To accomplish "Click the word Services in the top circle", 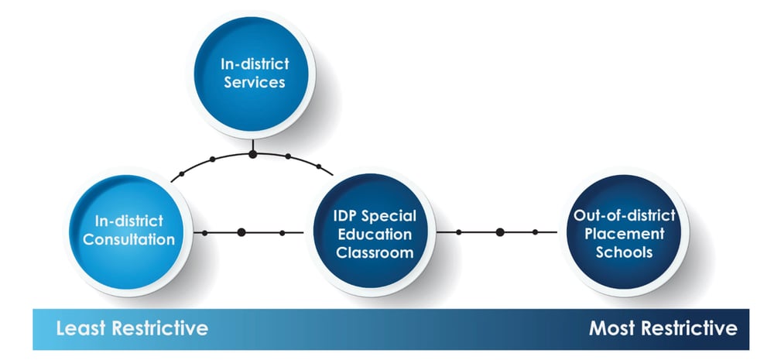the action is tap(254, 82).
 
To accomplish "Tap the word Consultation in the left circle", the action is tap(128, 239).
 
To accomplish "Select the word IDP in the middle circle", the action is tap(345, 216).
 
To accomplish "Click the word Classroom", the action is tap(375, 252).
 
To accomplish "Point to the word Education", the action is tap(374, 234).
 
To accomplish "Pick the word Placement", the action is tap(625, 234).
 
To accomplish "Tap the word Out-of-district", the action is tap(625, 216).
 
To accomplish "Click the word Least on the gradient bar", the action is tap(81, 328).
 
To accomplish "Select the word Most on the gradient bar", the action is tap(611, 328).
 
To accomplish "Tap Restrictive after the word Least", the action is tap(160, 328).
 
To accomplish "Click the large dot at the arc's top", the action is tap(253, 154).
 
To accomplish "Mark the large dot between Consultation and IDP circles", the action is tap(241, 232).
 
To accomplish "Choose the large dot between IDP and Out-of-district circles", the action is tap(500, 232).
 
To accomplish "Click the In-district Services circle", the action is tap(252, 74).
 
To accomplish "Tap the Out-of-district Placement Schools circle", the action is tap(624, 232).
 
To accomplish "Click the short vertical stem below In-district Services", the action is tap(253, 146).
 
